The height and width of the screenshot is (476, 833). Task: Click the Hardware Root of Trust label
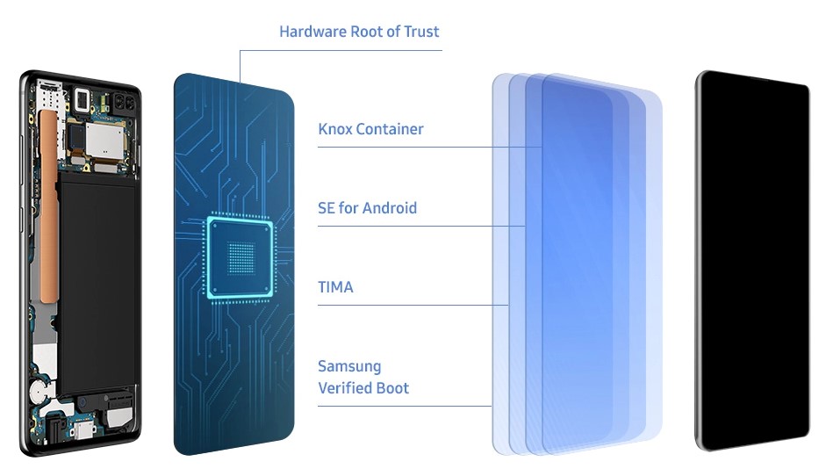359,32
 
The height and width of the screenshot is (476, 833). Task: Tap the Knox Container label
370,129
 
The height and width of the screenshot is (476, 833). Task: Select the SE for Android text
367,208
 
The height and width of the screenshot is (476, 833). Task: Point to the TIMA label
335,287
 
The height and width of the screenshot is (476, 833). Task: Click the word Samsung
349,367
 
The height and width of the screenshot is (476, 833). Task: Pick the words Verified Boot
363,388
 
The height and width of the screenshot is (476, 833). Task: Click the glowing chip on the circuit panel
241,257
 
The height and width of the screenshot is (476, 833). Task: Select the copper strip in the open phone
48,206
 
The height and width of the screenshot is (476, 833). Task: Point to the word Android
390,208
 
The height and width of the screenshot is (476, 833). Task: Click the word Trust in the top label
421,32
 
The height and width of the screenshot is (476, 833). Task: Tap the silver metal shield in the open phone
105,140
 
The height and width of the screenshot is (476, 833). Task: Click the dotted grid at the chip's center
241,257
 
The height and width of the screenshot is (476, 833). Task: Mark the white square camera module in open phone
83,99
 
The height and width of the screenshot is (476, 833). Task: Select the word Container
390,129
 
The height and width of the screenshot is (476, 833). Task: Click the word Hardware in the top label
312,32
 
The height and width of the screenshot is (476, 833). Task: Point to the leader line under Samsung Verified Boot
405,407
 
